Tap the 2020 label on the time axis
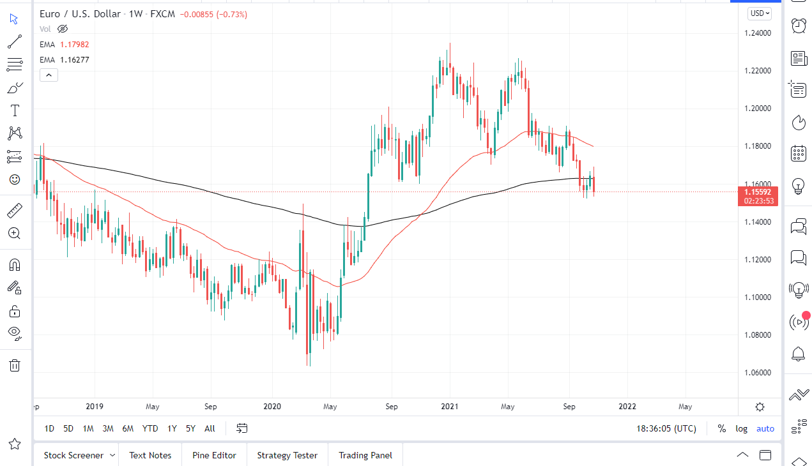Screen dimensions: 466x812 (x=272, y=406)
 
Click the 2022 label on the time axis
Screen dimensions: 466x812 (x=627, y=406)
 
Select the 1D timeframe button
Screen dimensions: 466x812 (x=49, y=428)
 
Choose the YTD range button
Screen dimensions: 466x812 (x=150, y=428)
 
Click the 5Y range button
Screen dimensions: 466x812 (x=190, y=428)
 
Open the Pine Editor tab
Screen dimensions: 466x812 (x=215, y=455)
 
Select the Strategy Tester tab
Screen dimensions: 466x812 (x=287, y=455)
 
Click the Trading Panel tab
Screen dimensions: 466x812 (x=365, y=455)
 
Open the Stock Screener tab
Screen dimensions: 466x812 (x=73, y=455)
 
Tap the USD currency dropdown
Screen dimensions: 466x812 (x=760, y=13)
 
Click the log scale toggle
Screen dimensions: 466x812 (x=741, y=428)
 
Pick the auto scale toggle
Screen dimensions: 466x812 (x=765, y=428)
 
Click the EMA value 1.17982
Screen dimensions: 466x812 (x=75, y=45)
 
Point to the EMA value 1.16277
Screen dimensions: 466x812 (x=75, y=60)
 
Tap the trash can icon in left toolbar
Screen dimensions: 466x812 (x=14, y=365)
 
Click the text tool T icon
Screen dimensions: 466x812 (x=14, y=110)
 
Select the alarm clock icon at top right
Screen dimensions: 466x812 (x=799, y=26)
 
